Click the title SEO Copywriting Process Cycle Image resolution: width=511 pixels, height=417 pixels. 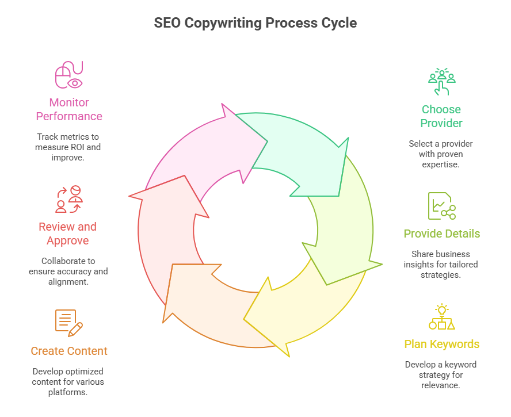pos(255,24)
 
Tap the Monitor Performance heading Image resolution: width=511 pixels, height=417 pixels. pos(69,109)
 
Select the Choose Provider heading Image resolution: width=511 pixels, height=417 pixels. pos(441,116)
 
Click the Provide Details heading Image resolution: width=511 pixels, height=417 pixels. pos(441,234)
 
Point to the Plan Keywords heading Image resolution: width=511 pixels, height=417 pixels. pos(441,344)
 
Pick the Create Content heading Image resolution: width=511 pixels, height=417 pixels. pos(69,351)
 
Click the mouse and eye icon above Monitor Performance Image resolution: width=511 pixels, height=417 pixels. pos(69,75)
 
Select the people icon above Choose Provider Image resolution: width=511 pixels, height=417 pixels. pos(441,82)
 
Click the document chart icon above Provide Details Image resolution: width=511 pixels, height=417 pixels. pos(441,206)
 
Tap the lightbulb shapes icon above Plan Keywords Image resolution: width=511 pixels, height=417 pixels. pos(441,317)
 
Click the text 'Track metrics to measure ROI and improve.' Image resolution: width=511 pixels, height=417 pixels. pos(68,147)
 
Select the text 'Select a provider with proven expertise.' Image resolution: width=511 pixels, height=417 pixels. pos(441,154)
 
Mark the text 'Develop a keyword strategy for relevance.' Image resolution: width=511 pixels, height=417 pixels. pos(441,374)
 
